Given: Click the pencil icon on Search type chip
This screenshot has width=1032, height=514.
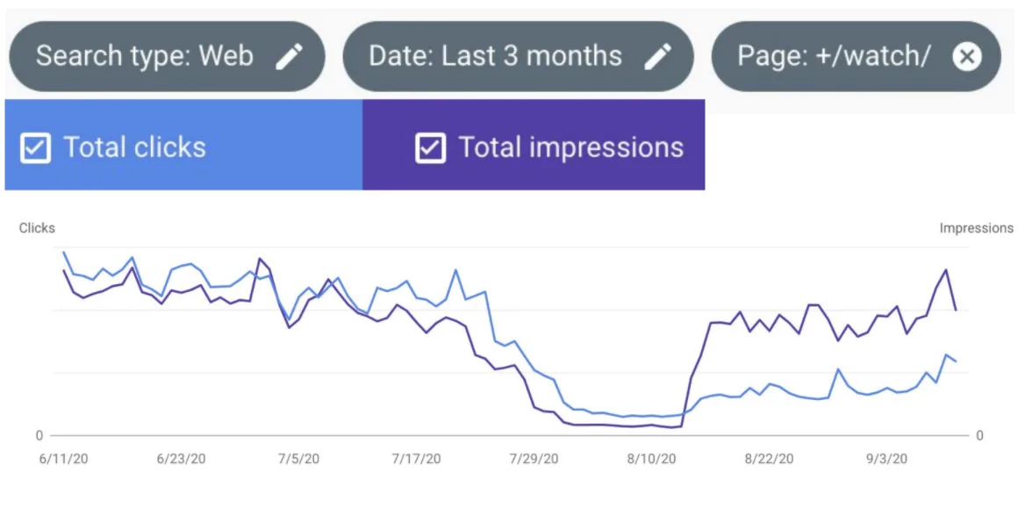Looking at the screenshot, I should click(289, 57).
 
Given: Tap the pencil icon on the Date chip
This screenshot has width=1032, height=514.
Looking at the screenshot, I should click(657, 57).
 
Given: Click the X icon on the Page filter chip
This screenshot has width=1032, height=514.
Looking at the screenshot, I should click(966, 57).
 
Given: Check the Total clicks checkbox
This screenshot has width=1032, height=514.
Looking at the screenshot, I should click(35, 148).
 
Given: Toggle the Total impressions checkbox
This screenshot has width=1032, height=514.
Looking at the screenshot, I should click(430, 148).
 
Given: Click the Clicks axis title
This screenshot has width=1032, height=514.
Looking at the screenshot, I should click(37, 228).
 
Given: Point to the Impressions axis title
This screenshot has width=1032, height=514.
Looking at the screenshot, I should click(976, 228).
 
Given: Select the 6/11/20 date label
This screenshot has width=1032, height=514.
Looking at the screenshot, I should click(63, 459).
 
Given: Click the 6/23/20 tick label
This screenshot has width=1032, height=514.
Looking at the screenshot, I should click(181, 459).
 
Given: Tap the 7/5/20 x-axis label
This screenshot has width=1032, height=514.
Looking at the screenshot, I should click(298, 459).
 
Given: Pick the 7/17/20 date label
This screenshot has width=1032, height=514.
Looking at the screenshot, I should click(416, 459).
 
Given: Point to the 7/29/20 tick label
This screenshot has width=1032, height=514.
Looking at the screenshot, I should click(534, 459).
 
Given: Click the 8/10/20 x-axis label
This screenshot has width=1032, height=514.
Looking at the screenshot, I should click(651, 459).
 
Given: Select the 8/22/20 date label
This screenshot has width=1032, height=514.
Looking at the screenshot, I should click(769, 459).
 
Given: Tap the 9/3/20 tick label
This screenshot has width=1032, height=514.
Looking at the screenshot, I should click(886, 459).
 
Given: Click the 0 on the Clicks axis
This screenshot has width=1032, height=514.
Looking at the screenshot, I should click(39, 436).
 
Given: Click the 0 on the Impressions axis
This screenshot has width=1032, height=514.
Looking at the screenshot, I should click(979, 436).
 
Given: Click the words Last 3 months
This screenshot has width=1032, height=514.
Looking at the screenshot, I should click(532, 57).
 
